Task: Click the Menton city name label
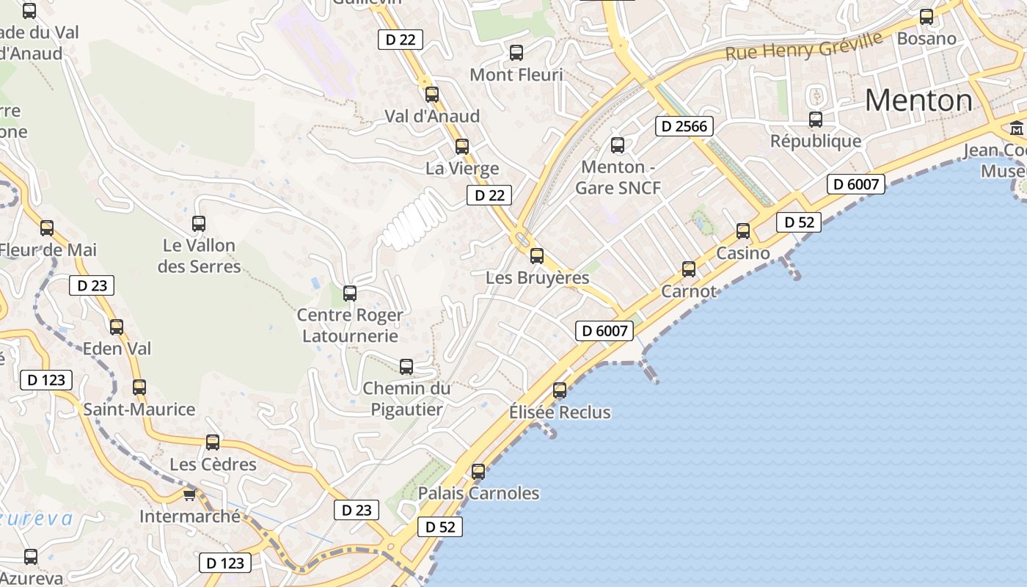tap(918, 100)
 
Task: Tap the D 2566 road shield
tap(684, 126)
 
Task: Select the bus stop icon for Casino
tap(743, 231)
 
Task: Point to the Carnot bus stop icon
tap(689, 269)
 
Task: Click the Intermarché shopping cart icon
tap(190, 495)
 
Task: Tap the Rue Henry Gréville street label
tap(804, 46)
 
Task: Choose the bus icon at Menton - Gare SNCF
tap(618, 145)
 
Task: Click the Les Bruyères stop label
tap(538, 278)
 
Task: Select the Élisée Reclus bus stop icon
tap(560, 390)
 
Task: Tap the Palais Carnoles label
tap(478, 493)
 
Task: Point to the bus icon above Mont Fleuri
tap(516, 53)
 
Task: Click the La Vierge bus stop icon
tap(461, 147)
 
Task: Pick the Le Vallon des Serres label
tap(199, 255)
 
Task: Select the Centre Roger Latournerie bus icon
tap(350, 293)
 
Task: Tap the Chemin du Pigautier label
tap(406, 398)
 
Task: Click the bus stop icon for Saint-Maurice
tap(139, 387)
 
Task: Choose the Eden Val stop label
tap(117, 349)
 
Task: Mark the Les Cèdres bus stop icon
tap(213, 442)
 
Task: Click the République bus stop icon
tap(816, 120)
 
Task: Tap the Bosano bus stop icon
tap(927, 17)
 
